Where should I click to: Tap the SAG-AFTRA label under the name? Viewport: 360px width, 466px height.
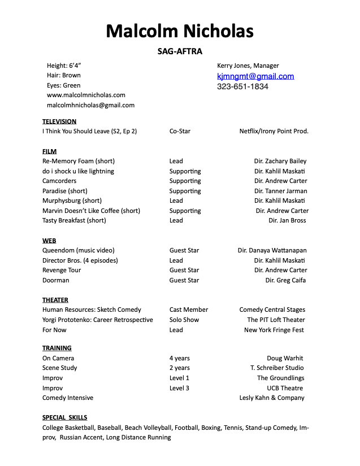click(180, 51)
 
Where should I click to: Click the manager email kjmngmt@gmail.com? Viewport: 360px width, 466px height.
click(255, 76)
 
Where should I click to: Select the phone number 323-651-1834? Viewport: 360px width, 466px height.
click(242, 86)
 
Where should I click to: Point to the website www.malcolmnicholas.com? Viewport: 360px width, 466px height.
click(86, 95)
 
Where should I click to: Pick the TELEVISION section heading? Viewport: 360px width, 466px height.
click(59, 121)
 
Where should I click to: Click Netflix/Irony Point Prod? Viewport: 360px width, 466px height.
click(274, 131)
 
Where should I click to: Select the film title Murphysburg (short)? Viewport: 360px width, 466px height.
click(72, 201)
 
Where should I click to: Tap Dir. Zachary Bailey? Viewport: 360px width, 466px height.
click(280, 161)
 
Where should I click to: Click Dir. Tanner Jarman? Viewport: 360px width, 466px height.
click(280, 191)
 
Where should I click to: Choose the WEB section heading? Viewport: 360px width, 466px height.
click(49, 241)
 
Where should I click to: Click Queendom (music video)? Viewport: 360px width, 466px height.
click(78, 250)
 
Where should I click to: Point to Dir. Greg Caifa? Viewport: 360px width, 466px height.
click(286, 280)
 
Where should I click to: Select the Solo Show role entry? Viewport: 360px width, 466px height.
click(184, 320)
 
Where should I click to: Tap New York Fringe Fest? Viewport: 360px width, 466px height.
click(274, 330)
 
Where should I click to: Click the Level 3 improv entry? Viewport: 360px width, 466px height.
click(179, 388)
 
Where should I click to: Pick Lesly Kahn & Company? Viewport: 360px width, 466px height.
click(272, 398)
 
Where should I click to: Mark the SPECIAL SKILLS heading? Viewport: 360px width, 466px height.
click(65, 417)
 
